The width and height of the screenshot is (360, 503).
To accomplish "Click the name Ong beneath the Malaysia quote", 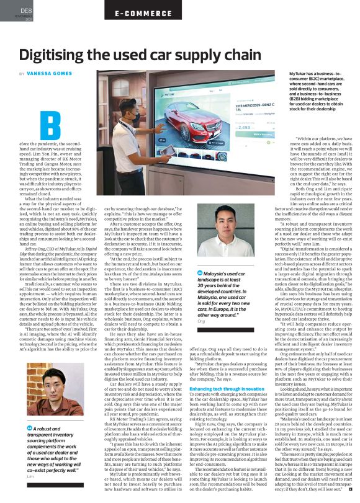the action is click(200, 321).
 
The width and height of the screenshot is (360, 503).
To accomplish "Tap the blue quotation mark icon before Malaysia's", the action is click(199, 274).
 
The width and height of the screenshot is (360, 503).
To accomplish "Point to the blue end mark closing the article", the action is click(350, 488).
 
